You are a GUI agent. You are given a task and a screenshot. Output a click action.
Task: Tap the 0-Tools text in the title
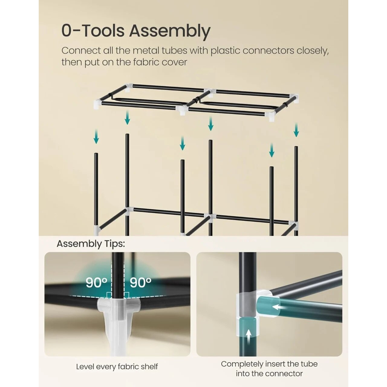(x=93, y=31)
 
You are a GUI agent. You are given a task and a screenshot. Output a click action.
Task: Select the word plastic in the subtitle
(x=225, y=50)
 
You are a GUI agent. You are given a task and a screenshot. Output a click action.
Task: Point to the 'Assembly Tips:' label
(x=91, y=244)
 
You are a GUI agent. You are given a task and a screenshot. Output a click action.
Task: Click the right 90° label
(x=141, y=283)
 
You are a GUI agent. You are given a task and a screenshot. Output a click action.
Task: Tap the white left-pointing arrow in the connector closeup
(x=279, y=313)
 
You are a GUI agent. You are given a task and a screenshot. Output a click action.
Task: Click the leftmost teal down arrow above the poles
(x=96, y=137)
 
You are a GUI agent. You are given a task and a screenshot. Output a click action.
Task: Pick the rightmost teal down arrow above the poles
(x=296, y=130)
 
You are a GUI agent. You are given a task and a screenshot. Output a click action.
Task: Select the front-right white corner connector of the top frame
(x=270, y=116)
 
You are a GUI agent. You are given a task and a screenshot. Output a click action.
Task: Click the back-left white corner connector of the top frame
(x=128, y=87)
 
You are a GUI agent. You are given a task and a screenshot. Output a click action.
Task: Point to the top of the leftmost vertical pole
(x=96, y=154)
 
